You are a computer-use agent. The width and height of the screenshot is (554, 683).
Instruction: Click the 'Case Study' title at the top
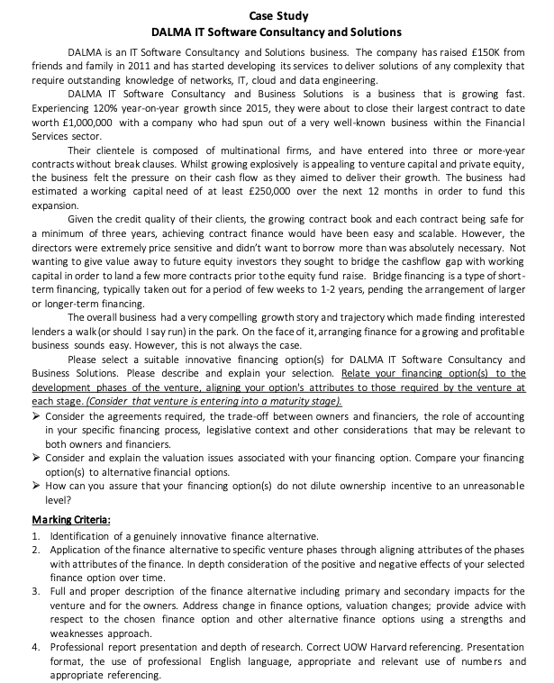[x=277, y=15]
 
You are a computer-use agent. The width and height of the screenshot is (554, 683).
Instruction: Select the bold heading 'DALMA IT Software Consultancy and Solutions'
[x=277, y=32]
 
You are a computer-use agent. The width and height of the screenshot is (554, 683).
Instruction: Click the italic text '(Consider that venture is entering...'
[x=213, y=399]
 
